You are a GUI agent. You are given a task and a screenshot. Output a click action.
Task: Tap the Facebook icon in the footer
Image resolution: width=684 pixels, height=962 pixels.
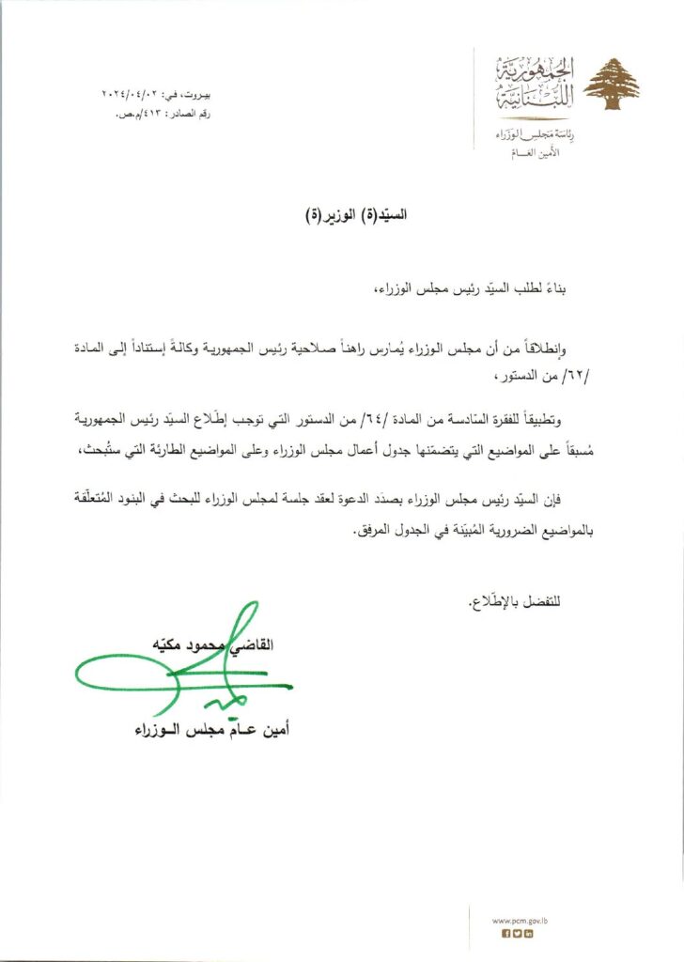coord(505,934)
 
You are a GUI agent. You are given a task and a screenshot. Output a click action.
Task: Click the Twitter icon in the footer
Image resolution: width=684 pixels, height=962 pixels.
coord(518,934)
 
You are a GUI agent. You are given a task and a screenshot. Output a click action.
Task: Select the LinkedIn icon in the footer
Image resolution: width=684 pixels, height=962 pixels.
coord(529,934)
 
